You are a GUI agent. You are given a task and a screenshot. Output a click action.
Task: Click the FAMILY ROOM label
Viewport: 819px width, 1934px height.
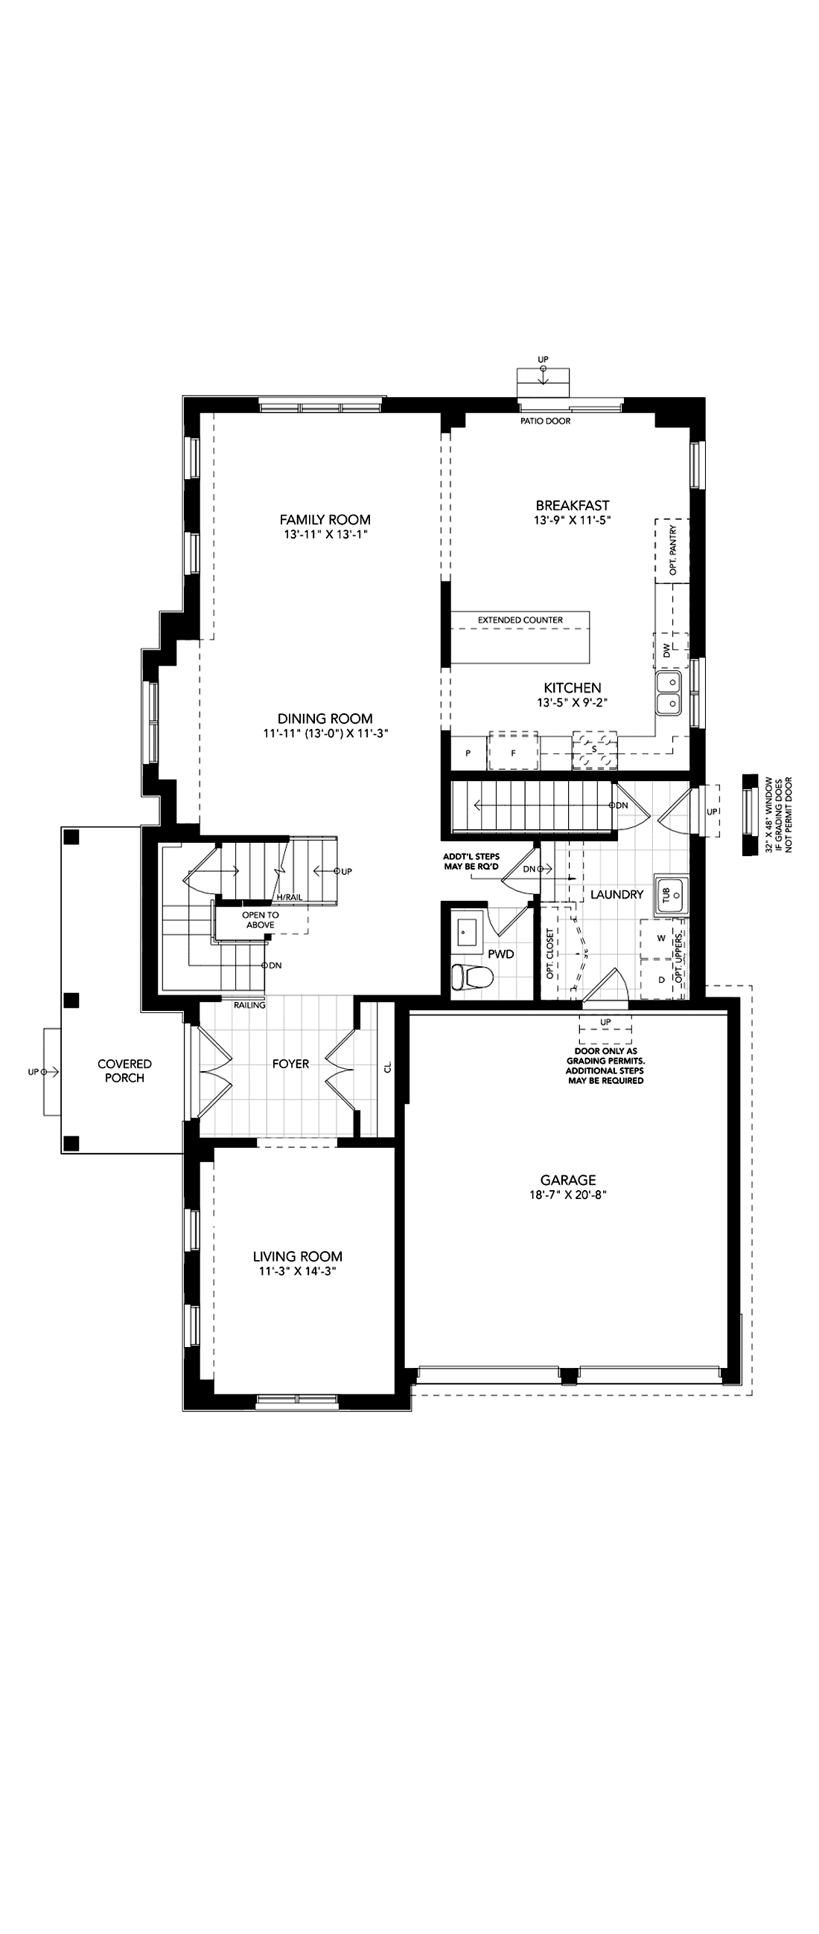(325, 519)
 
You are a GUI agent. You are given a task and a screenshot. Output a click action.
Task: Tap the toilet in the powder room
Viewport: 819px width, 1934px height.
(471, 977)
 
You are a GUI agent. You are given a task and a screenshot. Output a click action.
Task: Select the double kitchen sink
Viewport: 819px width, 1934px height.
(668, 693)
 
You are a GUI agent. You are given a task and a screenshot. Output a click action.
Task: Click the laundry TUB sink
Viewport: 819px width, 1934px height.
(670, 894)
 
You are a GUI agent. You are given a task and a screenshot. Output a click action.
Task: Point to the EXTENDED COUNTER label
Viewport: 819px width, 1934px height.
(520, 620)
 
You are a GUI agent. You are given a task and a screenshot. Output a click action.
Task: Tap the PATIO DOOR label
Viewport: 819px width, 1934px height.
(546, 421)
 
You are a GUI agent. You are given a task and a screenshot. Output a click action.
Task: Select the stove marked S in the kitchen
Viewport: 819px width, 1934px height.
(594, 748)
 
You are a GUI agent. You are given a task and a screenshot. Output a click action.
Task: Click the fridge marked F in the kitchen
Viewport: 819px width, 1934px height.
(513, 750)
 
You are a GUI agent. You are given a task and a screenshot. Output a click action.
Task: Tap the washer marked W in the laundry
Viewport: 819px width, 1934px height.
(662, 939)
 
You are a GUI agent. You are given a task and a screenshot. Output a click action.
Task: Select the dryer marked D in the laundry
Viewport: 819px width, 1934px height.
(662, 980)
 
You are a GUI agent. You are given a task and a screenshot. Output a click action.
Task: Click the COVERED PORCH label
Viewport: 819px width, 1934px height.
(125, 1070)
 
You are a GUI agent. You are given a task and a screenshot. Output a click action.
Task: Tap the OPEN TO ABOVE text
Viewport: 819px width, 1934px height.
(260, 919)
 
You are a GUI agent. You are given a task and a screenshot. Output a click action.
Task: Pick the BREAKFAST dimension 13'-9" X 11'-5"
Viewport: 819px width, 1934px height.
(572, 519)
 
